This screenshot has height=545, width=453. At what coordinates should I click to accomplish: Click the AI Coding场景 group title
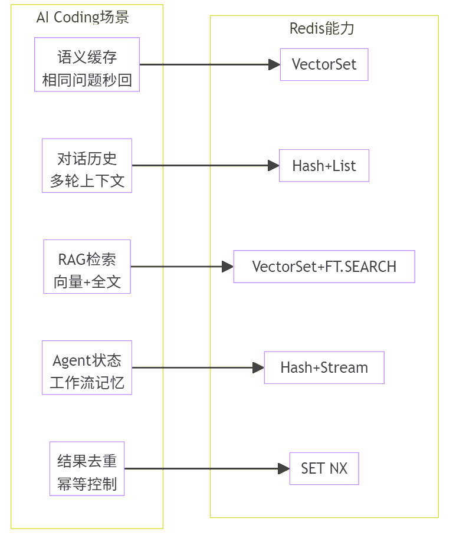pyautogui.click(x=83, y=17)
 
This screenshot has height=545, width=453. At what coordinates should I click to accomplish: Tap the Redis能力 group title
pyautogui.click(x=322, y=28)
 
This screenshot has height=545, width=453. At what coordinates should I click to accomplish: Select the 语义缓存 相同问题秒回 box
pyautogui.click(x=87, y=65)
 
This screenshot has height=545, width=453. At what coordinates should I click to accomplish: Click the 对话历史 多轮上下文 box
pyautogui.click(x=87, y=166)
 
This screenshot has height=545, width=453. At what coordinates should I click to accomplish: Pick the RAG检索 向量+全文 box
pyautogui.click(x=87, y=267)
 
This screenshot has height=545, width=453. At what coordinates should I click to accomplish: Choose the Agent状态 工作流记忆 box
pyautogui.click(x=87, y=367)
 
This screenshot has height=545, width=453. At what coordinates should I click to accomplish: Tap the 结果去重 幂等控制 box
pyautogui.click(x=87, y=468)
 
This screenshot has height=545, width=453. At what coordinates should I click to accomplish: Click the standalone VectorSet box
pyautogui.click(x=324, y=65)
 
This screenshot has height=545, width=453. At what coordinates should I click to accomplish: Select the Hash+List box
pyautogui.click(x=324, y=166)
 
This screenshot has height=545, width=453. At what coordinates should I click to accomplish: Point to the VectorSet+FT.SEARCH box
pyautogui.click(x=324, y=267)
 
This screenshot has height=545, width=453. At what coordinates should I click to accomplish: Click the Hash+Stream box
pyautogui.click(x=324, y=367)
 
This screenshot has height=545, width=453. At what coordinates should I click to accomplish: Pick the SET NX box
pyautogui.click(x=324, y=468)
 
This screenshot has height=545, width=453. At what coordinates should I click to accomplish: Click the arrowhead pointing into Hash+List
pyautogui.click(x=274, y=165)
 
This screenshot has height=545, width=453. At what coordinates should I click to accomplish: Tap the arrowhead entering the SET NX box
pyautogui.click(x=284, y=468)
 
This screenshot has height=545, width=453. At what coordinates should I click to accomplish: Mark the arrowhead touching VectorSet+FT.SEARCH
pyautogui.click(x=228, y=267)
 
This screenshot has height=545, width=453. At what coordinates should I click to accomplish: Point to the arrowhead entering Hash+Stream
pyautogui.click(x=259, y=367)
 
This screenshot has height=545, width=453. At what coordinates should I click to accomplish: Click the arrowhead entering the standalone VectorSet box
pyautogui.click(x=275, y=65)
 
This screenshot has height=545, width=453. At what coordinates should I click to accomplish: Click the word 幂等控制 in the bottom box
pyautogui.click(x=87, y=484)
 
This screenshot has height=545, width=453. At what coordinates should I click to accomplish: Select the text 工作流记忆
pyautogui.click(x=87, y=383)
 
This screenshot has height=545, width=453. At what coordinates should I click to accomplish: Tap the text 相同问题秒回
pyautogui.click(x=87, y=80)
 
